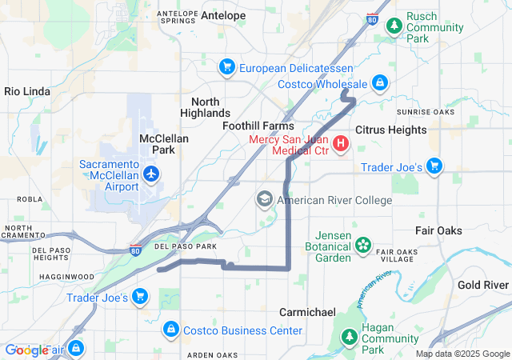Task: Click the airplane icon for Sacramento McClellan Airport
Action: click(x=150, y=174)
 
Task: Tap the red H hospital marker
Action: click(x=341, y=143)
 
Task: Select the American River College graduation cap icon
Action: click(x=265, y=199)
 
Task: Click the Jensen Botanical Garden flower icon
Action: click(x=364, y=244)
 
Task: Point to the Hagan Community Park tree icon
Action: click(x=349, y=339)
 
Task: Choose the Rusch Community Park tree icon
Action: click(x=394, y=26)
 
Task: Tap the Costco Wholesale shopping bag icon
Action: click(x=380, y=83)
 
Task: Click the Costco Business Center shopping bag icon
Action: click(x=170, y=330)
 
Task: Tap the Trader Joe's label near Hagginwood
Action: click(x=97, y=298)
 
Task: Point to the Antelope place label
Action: click(x=223, y=15)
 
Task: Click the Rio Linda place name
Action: click(x=27, y=92)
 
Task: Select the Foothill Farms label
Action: click(x=258, y=126)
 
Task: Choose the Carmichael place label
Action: click(x=307, y=312)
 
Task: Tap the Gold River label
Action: click(x=483, y=285)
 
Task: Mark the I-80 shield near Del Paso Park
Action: click(x=136, y=250)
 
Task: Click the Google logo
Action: click(x=26, y=350)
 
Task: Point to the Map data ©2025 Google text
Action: click(x=462, y=354)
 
